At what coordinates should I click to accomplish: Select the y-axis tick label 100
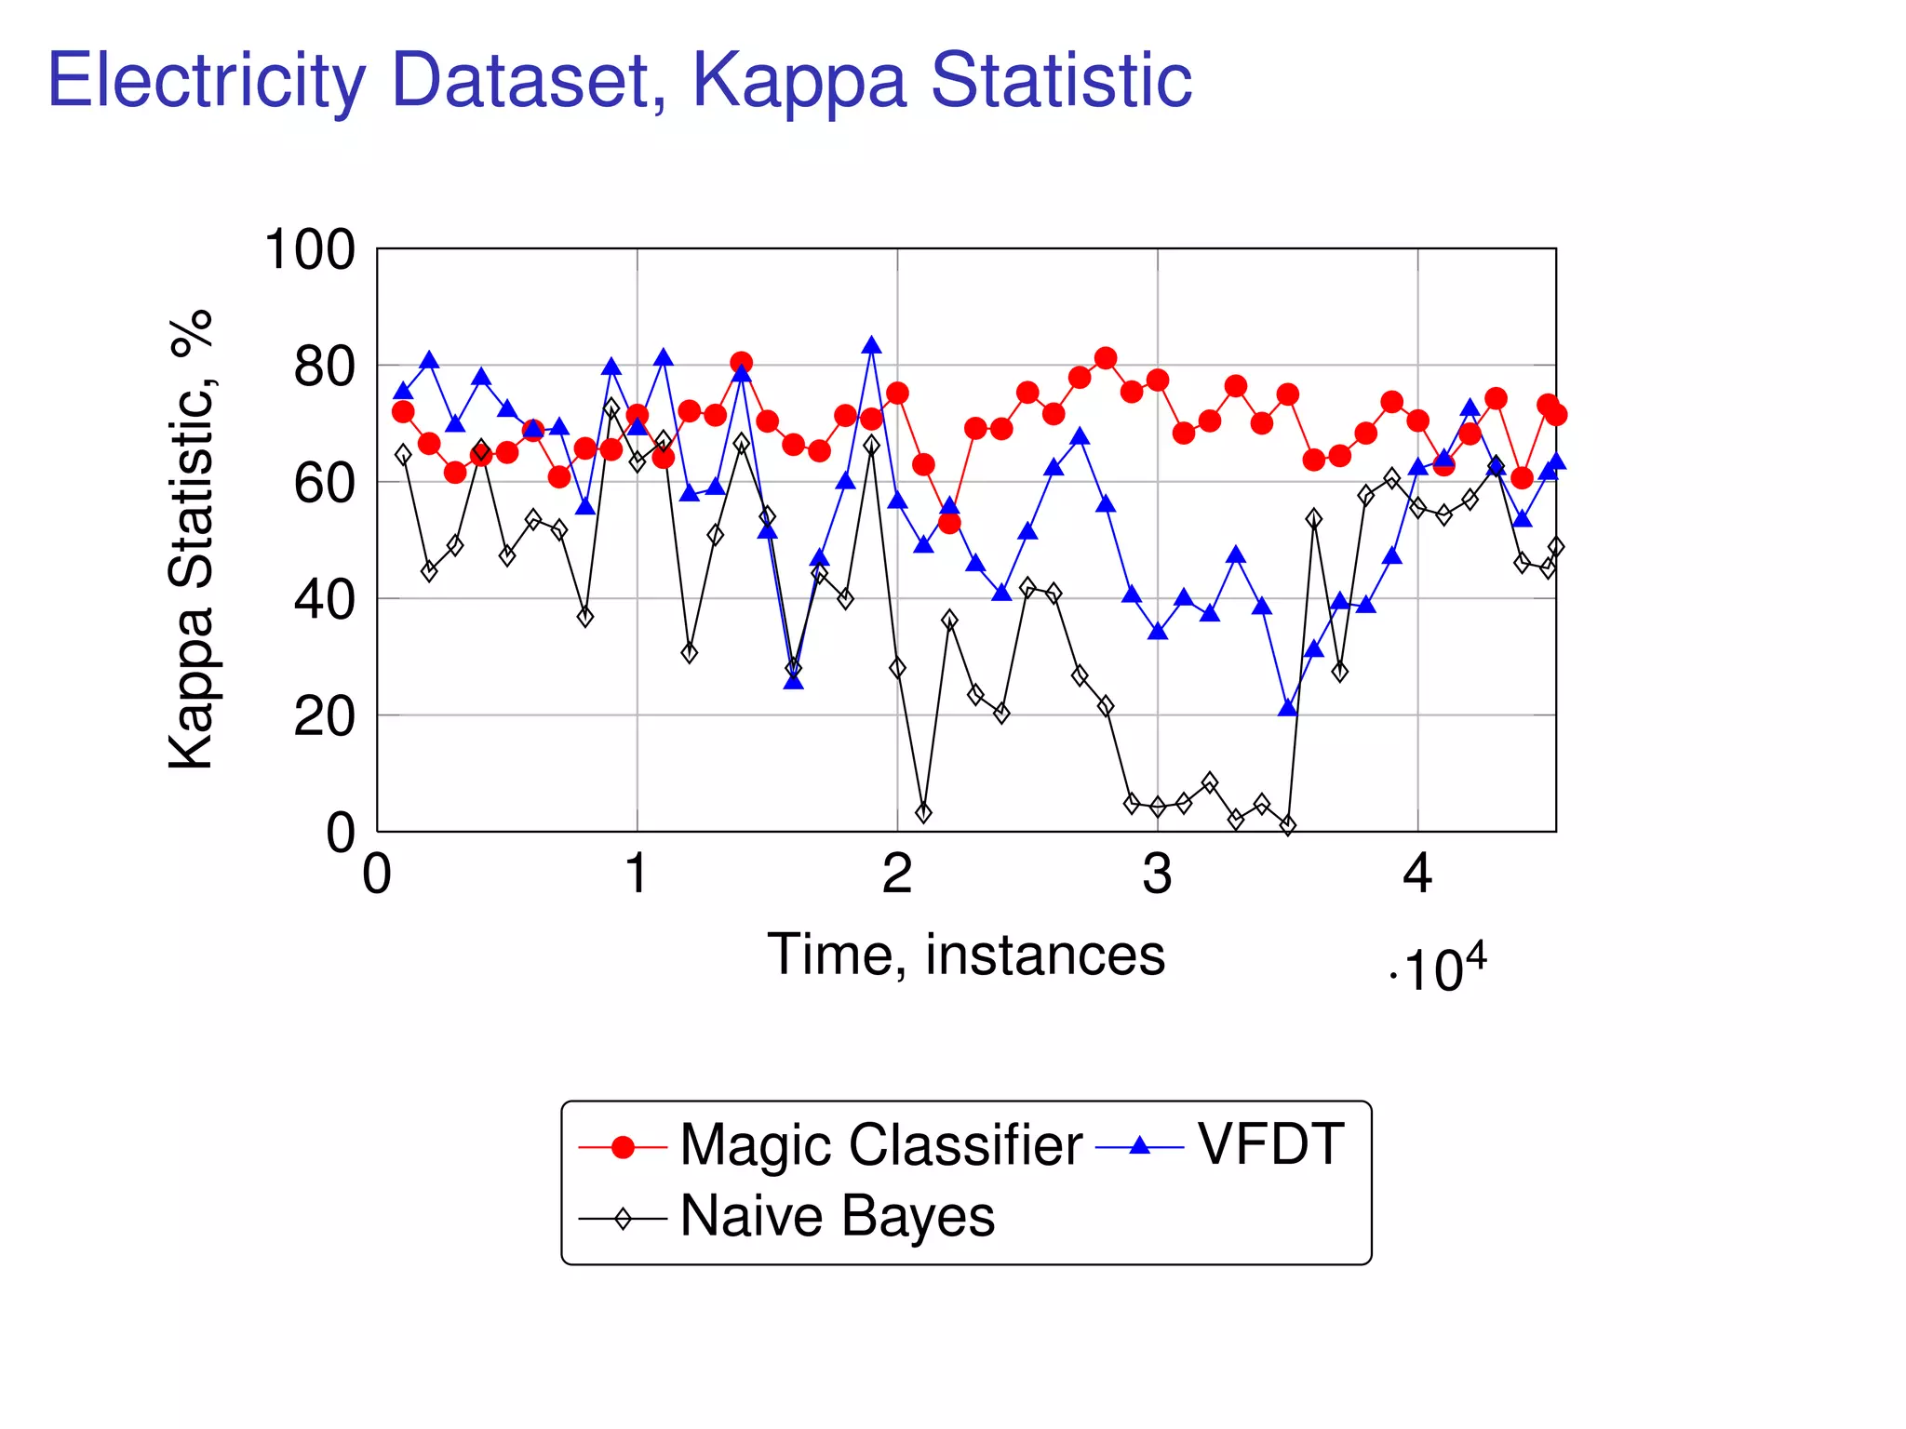tap(310, 250)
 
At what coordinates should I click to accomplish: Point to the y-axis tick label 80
tap(324, 367)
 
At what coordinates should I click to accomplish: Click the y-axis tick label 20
tap(324, 717)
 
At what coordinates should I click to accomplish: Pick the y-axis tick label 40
tap(324, 600)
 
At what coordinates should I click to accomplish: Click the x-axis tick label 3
tap(1157, 875)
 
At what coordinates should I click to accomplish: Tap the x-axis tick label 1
tap(637, 875)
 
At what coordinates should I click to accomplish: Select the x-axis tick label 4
tap(1417, 875)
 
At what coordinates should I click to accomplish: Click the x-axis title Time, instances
tap(966, 955)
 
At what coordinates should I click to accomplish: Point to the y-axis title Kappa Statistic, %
tap(192, 540)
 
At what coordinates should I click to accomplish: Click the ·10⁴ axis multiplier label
tap(1438, 970)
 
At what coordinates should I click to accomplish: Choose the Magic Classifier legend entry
tap(880, 1144)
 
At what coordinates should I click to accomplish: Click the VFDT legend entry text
tap(1270, 1144)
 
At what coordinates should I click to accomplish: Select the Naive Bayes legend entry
tap(837, 1216)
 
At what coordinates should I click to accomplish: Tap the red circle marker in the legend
tap(623, 1147)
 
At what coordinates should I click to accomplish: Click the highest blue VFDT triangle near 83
tap(872, 346)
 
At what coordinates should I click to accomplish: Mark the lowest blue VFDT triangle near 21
tap(1288, 709)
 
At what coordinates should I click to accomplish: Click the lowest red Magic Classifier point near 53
tap(949, 523)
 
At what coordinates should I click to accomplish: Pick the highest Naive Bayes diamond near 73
tap(611, 407)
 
